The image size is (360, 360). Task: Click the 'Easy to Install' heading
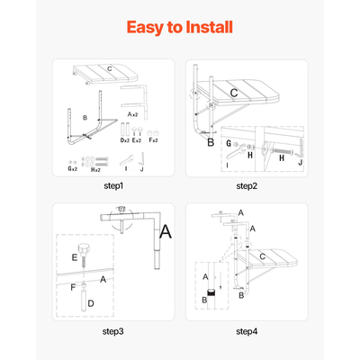[180, 27]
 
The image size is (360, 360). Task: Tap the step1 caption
[113, 186]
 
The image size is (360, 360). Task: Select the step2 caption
[247, 186]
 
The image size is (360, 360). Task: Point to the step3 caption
[112, 331]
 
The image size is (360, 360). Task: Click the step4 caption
[247, 331]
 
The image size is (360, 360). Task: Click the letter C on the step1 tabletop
[110, 69]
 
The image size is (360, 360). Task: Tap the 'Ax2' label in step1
[132, 114]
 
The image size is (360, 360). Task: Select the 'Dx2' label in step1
[125, 140]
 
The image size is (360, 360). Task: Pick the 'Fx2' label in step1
[153, 140]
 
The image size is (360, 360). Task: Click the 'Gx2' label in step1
[72, 168]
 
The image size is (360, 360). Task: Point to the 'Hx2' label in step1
[95, 169]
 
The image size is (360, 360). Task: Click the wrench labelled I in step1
[126, 160]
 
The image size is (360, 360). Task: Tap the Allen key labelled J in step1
[141, 159]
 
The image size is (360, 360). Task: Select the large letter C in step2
[234, 93]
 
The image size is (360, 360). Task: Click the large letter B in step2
[211, 142]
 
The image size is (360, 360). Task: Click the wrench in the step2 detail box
[236, 152]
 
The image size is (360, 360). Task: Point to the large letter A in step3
[166, 231]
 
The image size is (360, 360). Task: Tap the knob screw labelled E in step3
[83, 253]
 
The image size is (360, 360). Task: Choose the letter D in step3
[91, 303]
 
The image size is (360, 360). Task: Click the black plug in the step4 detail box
[211, 292]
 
